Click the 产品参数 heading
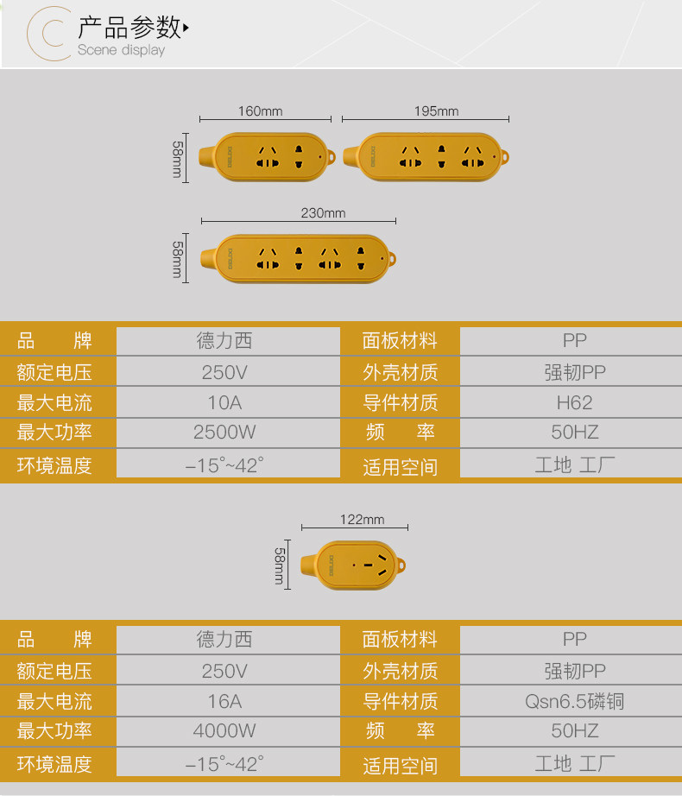coord(129,28)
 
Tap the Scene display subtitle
coord(121,50)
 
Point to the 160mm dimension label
coord(260,111)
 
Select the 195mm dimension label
coord(436,111)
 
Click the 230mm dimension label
coord(323,213)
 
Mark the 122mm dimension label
coord(362,520)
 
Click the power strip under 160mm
coord(268,156)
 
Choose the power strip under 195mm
coord(427,156)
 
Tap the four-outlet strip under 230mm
coord(298,257)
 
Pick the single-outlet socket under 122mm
coord(353,566)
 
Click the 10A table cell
coord(224,402)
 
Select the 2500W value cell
coord(224,433)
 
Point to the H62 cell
coord(574,402)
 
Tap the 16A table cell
coord(224,701)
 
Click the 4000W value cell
coord(224,731)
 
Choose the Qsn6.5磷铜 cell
coord(574,701)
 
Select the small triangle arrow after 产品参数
coord(186,28)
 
